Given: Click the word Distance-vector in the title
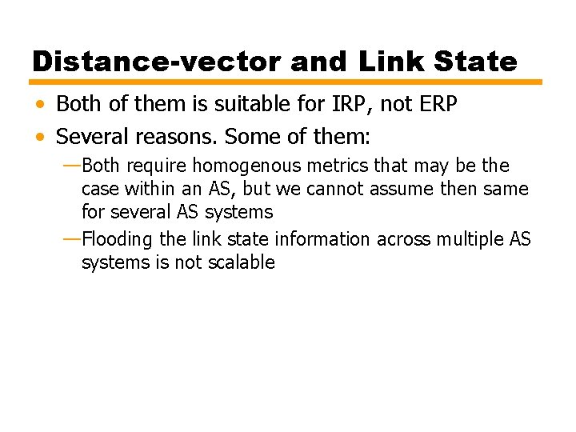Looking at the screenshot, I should pos(157,62).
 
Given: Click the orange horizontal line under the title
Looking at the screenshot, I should pos(286,82).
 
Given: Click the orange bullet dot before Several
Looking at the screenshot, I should pos(40,137).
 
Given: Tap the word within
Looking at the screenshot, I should pos(149,190).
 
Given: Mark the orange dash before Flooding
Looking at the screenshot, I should pos(70,238).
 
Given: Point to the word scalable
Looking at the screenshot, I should pos(238,262).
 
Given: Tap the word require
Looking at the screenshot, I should pos(158,166).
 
